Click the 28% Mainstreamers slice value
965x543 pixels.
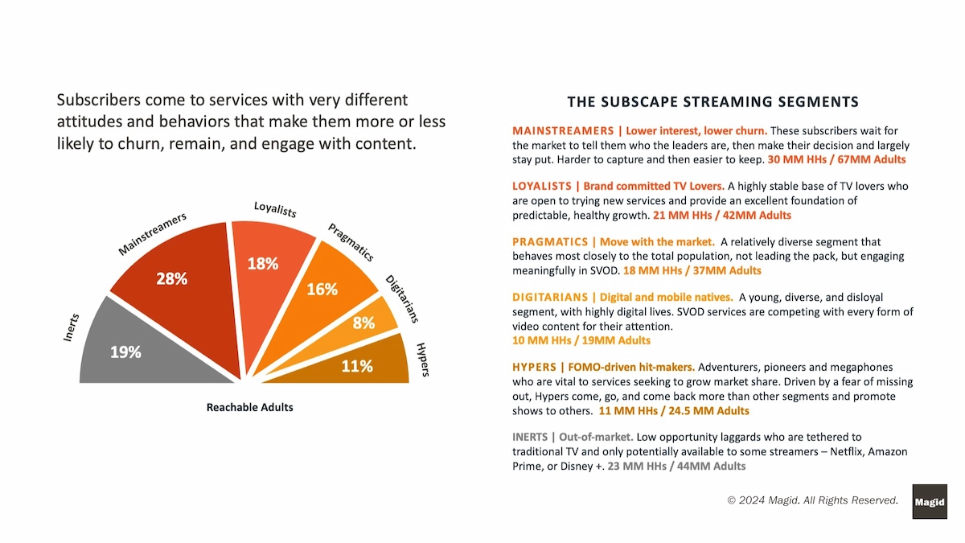tap(172, 279)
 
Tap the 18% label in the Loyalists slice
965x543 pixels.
tap(263, 263)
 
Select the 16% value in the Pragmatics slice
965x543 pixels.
tap(322, 290)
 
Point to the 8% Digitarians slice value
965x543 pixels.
tap(363, 323)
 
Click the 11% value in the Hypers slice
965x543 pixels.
tap(357, 366)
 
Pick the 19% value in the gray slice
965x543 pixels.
tap(125, 352)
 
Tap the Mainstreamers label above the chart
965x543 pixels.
tap(153, 234)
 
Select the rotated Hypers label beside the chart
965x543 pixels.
tap(423, 359)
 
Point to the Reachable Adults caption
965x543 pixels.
tap(250, 407)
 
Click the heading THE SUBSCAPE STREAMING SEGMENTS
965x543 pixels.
tap(712, 102)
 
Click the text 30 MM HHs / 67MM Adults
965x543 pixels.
tap(837, 160)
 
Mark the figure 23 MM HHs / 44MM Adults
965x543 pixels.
tap(676, 466)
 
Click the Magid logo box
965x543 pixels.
tap(930, 502)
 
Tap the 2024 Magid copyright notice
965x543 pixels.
tap(812, 500)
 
